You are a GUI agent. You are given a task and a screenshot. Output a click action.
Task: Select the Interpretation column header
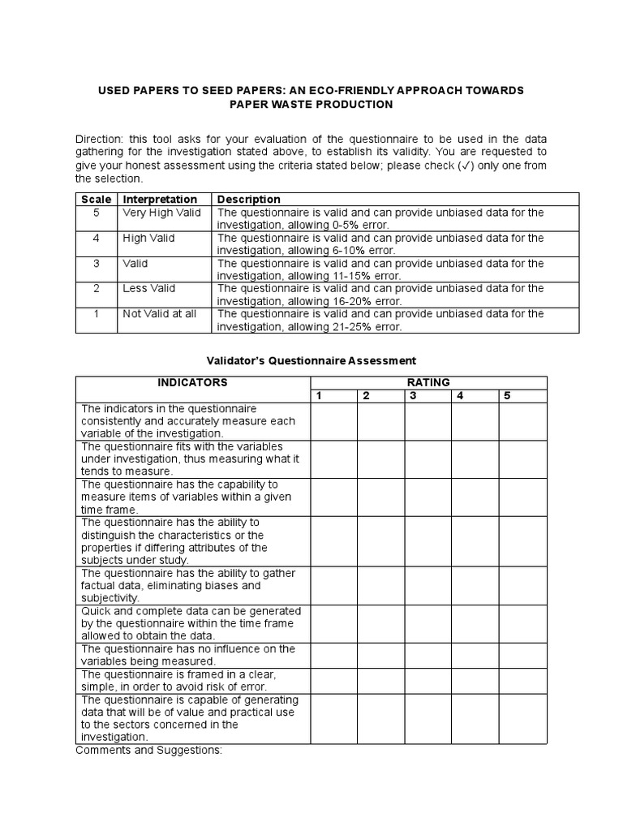160,199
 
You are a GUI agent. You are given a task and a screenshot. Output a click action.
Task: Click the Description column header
249,199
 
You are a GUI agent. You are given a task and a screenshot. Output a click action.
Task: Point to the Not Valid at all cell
160,314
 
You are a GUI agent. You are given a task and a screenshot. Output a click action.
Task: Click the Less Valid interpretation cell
149,288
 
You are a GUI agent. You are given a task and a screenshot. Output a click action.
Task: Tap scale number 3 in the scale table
97,263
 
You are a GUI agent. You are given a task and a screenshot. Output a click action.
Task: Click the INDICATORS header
192,382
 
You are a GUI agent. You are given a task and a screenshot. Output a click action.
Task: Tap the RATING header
428,382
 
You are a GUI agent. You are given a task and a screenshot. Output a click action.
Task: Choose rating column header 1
319,396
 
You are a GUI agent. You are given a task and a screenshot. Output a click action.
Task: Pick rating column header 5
507,396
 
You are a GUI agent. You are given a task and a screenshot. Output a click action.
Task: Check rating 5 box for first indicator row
522,421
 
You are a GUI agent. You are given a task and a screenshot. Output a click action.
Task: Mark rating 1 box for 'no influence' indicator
333,655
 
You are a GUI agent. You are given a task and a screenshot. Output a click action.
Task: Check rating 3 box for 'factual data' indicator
428,585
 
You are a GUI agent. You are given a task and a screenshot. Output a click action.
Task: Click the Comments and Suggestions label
148,751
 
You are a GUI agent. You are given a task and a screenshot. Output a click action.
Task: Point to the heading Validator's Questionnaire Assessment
311,360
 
